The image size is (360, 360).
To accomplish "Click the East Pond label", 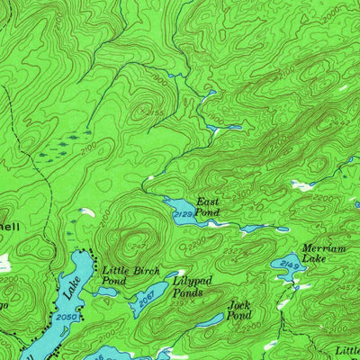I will [208, 207].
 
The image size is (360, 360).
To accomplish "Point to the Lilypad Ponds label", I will [193, 287].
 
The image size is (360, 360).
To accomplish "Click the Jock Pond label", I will [238, 310].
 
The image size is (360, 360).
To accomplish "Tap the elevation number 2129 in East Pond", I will [184, 213].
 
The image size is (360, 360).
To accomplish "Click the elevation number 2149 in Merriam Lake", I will [289, 264].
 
